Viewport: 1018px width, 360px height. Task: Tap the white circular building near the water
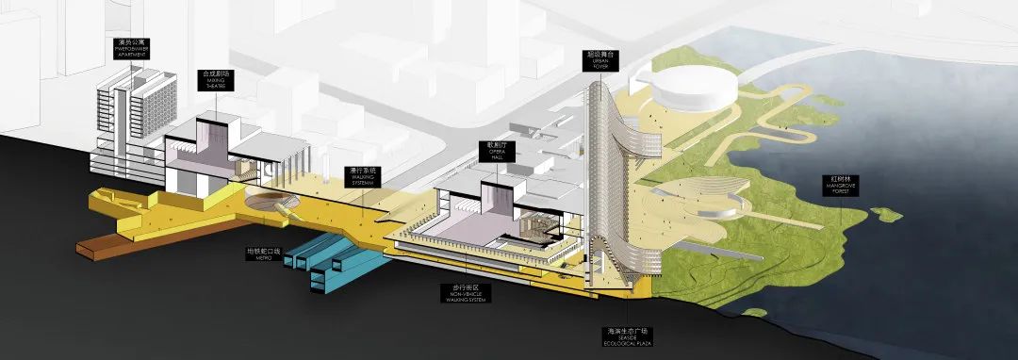698,90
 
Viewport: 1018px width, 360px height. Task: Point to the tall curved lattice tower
603,179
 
